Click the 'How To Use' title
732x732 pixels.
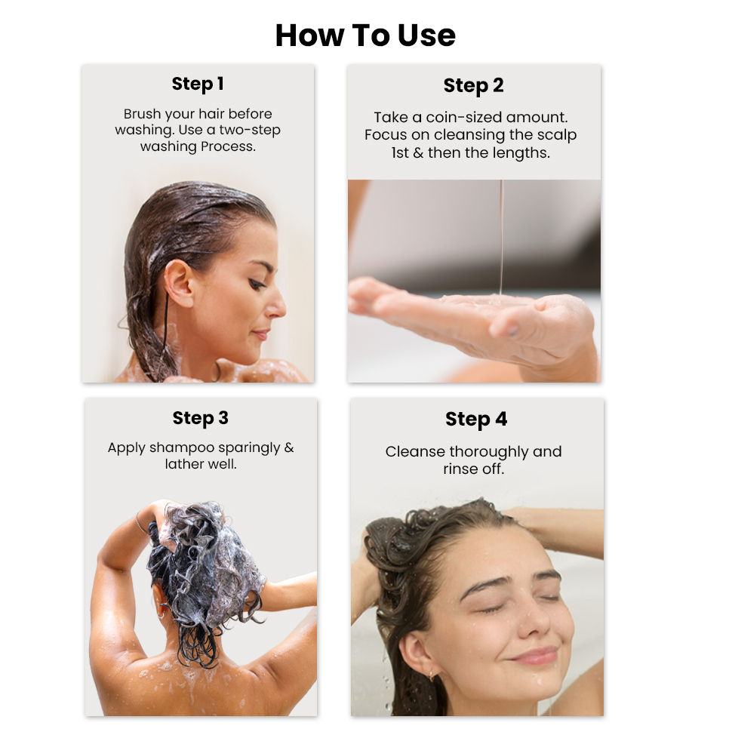pos(365,35)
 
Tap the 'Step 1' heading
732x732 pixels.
pos(198,84)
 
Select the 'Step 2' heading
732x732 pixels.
pos(473,86)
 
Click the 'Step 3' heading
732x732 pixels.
pos(200,418)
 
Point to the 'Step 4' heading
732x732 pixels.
pos(476,420)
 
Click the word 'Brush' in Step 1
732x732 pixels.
pos(142,114)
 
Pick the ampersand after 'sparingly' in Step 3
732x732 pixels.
pos(289,448)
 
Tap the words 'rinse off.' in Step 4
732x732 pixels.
pos(473,469)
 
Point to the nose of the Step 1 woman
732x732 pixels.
pos(276,303)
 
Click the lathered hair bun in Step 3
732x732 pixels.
pos(204,558)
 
